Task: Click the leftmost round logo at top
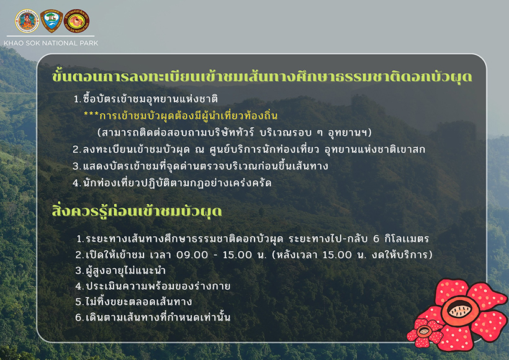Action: click(27, 21)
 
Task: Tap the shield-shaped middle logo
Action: click(51, 21)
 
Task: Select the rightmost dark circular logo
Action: click(77, 21)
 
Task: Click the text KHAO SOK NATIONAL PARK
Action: click(51, 43)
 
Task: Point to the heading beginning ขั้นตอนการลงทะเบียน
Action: click(261, 78)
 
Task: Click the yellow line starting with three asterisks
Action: click(180, 116)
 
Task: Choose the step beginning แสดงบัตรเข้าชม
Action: click(200, 166)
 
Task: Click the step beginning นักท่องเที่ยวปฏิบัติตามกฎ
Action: click(172, 183)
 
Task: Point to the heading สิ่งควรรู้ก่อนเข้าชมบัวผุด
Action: click(138, 212)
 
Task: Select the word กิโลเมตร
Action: click(407, 238)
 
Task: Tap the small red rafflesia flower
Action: click(424, 332)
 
